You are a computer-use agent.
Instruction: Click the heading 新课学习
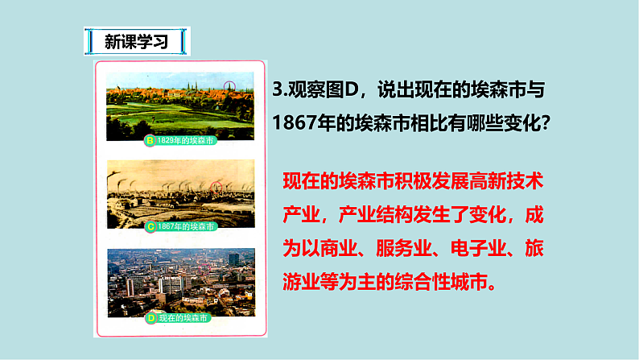[x=136, y=41]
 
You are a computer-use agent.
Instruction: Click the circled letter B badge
[x=149, y=141]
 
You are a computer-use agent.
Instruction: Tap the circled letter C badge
[x=149, y=228]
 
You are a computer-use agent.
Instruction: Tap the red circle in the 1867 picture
[x=216, y=188]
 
